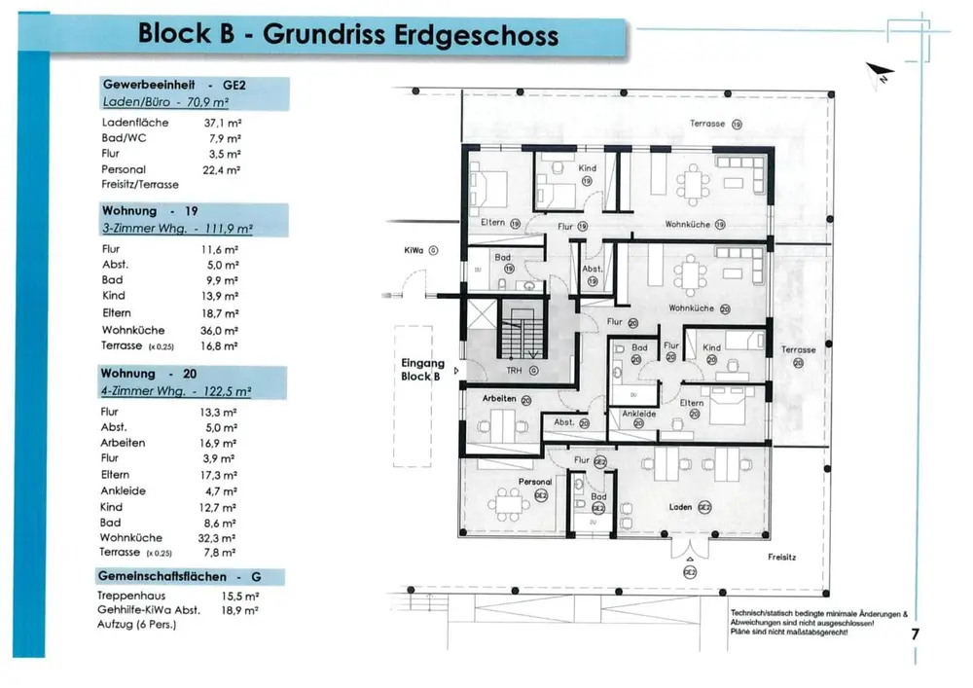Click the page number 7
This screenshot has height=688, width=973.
915,634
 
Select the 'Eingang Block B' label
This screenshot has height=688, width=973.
422,370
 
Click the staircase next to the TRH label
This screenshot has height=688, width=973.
520,331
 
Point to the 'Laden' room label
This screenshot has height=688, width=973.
681,507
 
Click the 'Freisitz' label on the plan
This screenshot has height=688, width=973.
781,558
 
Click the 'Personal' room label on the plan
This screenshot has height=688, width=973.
535,482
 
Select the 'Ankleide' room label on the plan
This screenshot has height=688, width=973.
638,414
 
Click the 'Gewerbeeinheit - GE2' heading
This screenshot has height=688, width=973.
174,86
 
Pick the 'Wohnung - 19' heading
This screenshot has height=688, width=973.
150,210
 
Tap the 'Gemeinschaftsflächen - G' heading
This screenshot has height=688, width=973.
176,577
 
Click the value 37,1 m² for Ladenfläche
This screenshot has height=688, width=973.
222,123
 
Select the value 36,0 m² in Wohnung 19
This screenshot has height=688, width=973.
220,330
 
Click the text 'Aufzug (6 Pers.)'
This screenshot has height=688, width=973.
136,625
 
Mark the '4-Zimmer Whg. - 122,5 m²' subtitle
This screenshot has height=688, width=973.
176,391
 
